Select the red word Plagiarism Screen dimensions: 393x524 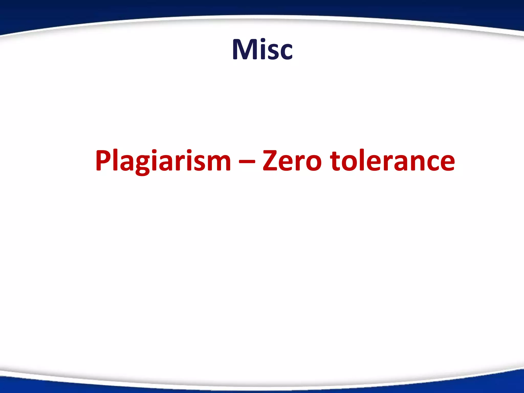coord(163,161)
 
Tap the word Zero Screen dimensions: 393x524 coord(292,161)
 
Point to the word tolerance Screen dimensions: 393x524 coord(392,161)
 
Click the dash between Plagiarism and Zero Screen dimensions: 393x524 coord(247,161)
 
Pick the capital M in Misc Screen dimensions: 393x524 coord(243,49)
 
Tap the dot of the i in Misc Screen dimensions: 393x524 coord(261,41)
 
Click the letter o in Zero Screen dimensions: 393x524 coord(313,164)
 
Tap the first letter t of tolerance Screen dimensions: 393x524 coord(336,161)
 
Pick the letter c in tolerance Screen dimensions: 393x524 coord(432,164)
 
